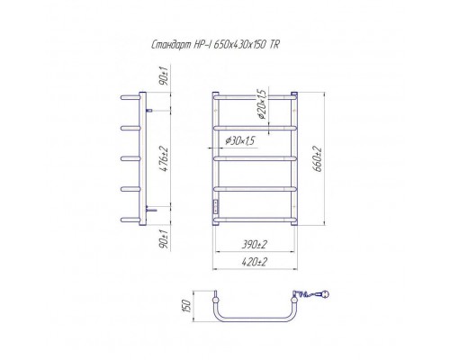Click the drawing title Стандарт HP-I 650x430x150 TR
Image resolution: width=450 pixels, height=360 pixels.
tap(215, 45)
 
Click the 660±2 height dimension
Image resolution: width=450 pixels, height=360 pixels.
tap(318, 158)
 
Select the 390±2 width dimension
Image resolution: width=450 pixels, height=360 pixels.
tap(254, 244)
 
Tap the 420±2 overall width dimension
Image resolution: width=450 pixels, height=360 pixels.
tap(254, 262)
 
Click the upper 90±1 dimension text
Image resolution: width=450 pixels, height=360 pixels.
tap(166, 75)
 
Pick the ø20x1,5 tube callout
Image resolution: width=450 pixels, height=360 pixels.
tap(262, 103)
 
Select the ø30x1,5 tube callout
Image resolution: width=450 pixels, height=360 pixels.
tap(241, 140)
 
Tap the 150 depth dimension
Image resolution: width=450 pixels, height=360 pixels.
tap(186, 306)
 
